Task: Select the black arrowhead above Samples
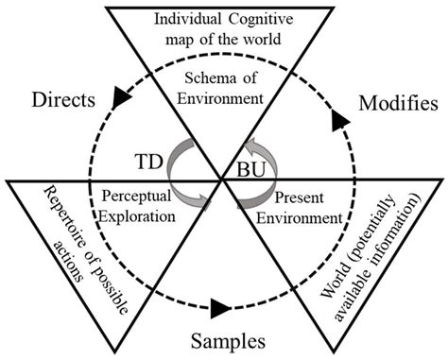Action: [x=220, y=307]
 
